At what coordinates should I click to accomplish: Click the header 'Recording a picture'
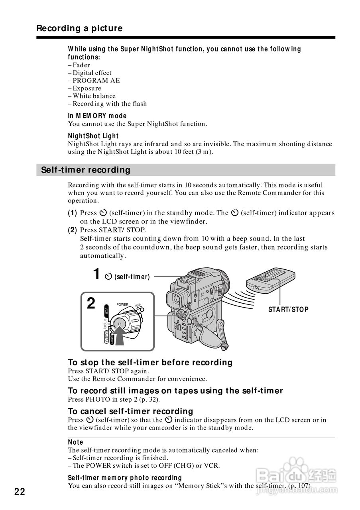(79, 28)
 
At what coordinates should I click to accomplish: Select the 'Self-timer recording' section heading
(86, 170)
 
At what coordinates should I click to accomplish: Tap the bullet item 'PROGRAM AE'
(96, 80)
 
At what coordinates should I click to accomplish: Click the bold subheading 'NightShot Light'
(93, 136)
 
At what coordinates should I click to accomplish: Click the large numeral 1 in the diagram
(96, 274)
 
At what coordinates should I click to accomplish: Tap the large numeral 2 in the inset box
(91, 304)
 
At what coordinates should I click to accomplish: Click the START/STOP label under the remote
(288, 309)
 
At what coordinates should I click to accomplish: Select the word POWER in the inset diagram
(122, 305)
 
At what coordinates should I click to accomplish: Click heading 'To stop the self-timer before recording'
(150, 363)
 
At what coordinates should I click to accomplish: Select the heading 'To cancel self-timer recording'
(130, 411)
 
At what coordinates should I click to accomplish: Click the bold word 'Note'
(76, 442)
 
